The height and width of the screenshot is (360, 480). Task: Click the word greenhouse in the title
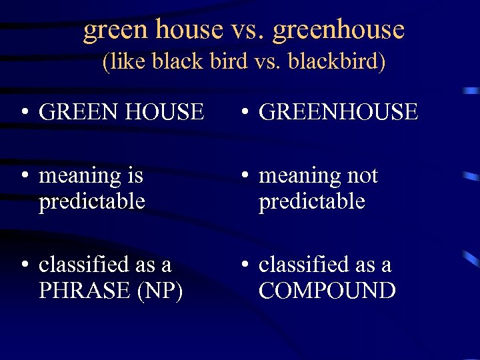(x=339, y=30)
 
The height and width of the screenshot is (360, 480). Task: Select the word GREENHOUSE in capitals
(x=338, y=112)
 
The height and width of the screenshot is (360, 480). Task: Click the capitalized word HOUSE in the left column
(x=163, y=112)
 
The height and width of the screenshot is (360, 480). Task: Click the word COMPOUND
(x=327, y=291)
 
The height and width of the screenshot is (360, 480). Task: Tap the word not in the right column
(x=361, y=176)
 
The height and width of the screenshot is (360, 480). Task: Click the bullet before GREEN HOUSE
(x=24, y=113)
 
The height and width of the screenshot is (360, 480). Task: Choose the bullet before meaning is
(x=24, y=177)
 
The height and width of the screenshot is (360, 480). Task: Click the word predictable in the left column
(x=92, y=201)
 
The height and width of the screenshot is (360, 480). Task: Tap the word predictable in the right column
(x=311, y=201)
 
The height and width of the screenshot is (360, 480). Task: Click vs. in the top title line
(x=248, y=30)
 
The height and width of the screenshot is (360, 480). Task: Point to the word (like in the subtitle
(x=125, y=62)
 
